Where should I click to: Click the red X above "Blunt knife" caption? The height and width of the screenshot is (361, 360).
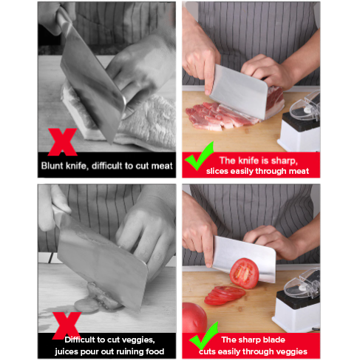click(63, 142)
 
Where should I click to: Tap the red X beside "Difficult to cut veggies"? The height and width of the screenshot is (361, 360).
click(67, 325)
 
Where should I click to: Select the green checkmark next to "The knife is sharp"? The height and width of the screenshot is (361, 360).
click(199, 157)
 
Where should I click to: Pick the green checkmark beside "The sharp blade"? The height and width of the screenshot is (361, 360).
click(204, 336)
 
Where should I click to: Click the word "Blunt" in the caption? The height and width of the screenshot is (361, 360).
click(52, 166)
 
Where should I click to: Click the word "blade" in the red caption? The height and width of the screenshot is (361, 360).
click(274, 340)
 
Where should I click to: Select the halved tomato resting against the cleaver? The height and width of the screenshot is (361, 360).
click(244, 273)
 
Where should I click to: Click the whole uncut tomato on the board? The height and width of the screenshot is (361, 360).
click(194, 317)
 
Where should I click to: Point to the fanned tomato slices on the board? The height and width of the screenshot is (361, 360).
click(224, 295)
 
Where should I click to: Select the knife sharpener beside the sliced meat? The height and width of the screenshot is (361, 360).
click(300, 124)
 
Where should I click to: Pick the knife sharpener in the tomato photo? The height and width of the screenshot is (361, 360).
click(297, 302)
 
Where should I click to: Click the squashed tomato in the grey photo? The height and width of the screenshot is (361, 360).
click(98, 297)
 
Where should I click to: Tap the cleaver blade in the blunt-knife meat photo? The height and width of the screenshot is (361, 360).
click(93, 84)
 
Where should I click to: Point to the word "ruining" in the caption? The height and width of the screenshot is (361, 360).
click(129, 351)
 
